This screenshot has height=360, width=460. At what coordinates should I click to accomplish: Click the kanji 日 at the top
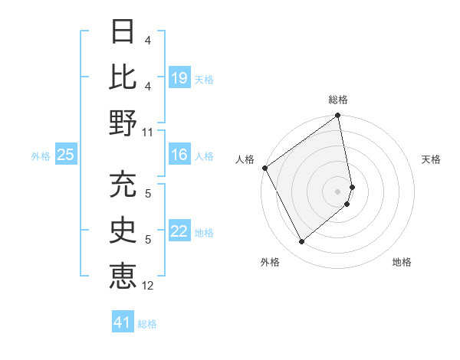coord(123,31)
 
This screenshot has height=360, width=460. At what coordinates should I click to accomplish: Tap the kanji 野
coord(123,122)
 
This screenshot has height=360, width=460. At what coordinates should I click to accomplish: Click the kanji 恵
coord(123,275)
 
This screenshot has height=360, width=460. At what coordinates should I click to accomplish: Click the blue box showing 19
coord(179,78)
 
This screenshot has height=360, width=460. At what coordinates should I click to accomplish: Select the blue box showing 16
coord(179,155)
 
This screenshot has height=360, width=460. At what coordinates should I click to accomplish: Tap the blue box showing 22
coord(179,231)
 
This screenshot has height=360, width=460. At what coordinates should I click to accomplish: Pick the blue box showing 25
coord(65,155)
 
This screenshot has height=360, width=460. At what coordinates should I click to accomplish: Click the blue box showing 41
coord(123,322)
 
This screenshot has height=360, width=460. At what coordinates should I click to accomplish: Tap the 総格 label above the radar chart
coord(338,100)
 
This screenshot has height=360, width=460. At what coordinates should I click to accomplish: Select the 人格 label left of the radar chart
coord(245,159)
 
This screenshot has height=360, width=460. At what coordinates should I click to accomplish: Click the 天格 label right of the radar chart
coord(431,159)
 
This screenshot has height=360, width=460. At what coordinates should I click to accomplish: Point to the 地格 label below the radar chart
coord(402,262)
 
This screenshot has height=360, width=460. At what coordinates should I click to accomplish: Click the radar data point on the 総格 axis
coord(338,116)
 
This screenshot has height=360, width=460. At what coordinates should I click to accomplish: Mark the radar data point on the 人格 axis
coord(264,168)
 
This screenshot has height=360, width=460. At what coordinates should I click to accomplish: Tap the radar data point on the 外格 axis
coord(301,242)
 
